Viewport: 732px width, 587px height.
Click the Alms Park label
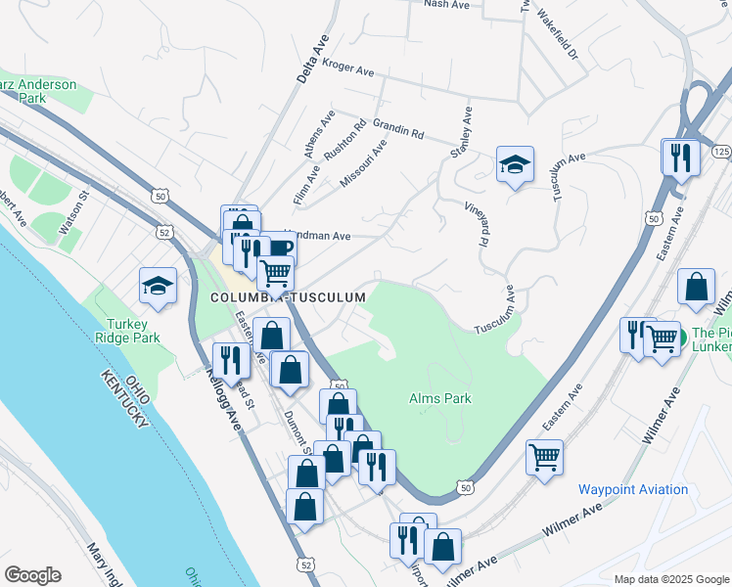point(439,398)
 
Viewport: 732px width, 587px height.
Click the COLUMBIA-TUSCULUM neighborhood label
point(287,296)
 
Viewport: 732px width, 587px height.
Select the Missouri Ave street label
point(363,163)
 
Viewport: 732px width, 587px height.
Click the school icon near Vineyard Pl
point(515,165)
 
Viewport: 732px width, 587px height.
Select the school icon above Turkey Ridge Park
point(158,287)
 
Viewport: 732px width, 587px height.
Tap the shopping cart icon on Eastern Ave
point(544,457)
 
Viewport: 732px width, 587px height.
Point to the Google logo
point(32,575)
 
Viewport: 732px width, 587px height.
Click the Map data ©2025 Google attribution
point(671,579)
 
